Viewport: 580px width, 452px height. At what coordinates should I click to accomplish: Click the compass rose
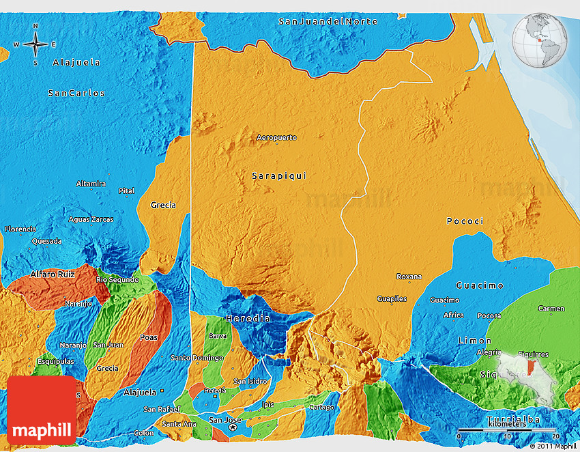35,44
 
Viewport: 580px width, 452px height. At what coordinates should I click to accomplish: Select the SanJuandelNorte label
328,22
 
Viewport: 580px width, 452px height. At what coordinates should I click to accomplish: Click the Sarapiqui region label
279,176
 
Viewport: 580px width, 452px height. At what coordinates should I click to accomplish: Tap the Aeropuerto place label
276,138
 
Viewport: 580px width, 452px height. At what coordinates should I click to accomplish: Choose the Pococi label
465,221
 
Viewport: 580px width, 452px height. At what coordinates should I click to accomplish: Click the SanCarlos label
76,93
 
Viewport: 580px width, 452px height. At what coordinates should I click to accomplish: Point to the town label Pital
126,191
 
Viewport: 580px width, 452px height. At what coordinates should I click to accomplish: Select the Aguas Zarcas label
91,219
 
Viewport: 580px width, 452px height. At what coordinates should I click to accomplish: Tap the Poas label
148,337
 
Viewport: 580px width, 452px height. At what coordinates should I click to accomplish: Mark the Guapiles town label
392,299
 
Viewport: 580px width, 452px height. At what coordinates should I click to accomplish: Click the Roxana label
409,277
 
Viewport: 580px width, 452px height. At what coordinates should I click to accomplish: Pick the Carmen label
551,309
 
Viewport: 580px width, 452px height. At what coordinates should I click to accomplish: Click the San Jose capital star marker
233,427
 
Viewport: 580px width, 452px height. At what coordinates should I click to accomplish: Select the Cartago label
321,408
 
